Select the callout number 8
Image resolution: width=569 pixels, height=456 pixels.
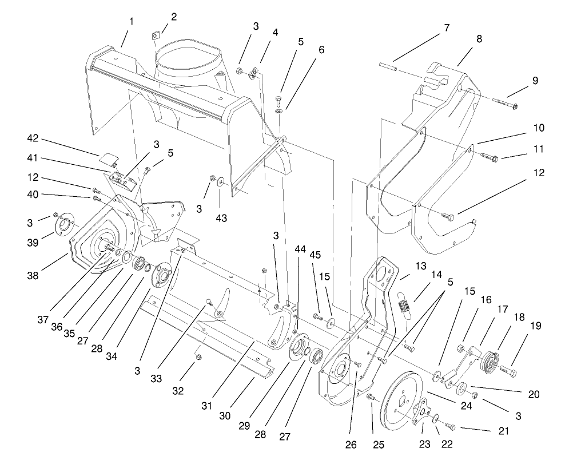(479, 39)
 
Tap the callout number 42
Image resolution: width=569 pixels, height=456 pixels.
(32, 138)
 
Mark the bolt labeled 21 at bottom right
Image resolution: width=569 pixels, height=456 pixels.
(449, 426)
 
